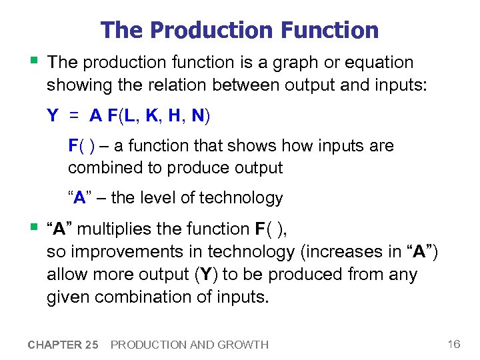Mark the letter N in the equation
click(197, 116)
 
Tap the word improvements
click(118, 251)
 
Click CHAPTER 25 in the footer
click(63, 345)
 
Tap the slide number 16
click(454, 344)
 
